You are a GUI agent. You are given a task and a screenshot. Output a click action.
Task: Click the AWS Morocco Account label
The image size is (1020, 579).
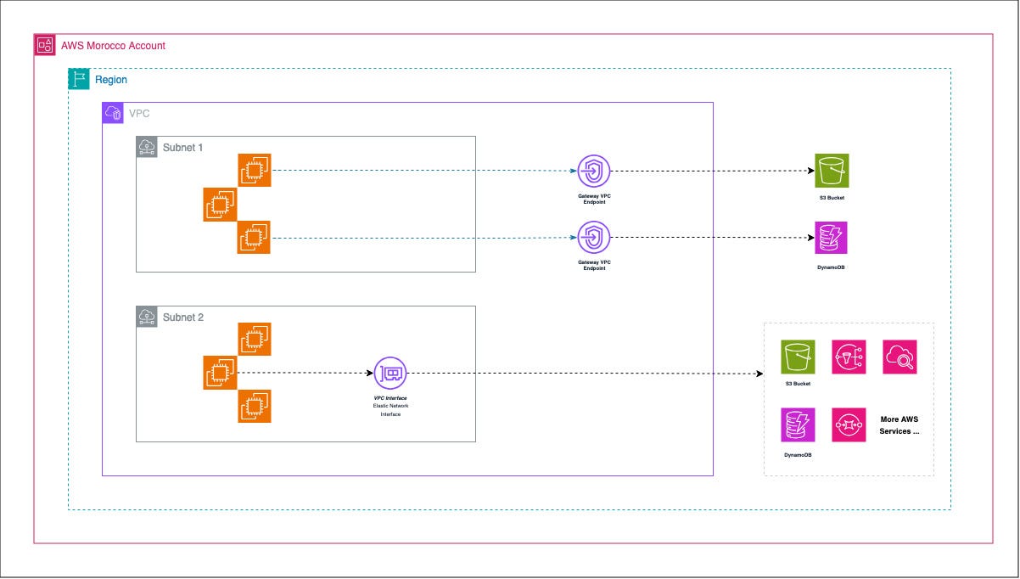click(113, 45)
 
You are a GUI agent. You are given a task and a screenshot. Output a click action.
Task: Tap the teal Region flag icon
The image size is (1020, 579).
click(79, 79)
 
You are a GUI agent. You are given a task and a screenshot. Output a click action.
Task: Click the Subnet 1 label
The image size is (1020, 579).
click(182, 147)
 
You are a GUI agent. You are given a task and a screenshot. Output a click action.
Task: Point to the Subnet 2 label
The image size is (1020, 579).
click(182, 318)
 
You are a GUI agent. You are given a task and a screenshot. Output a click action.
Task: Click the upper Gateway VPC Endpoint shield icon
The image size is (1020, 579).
click(594, 171)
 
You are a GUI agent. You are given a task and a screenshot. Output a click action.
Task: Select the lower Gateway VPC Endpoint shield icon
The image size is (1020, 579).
click(594, 238)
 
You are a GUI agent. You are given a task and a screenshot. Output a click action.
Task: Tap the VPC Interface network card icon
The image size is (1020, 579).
click(390, 373)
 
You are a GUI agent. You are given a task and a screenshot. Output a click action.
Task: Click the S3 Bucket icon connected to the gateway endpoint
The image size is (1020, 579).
click(832, 171)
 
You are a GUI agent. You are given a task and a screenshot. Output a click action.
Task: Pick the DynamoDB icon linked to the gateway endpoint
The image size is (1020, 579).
click(832, 238)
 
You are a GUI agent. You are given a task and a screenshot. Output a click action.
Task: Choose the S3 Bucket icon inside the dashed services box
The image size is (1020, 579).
click(798, 357)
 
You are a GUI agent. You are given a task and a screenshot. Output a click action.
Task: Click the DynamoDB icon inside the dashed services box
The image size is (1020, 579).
click(798, 424)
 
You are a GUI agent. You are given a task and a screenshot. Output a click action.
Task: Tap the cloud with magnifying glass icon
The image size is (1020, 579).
click(900, 357)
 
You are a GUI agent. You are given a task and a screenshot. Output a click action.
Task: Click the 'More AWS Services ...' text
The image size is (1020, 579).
click(900, 424)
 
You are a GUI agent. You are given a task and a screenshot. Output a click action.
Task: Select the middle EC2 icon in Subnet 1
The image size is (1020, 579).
click(220, 205)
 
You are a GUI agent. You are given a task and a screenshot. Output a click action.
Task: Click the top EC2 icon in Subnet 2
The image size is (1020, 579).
click(254, 340)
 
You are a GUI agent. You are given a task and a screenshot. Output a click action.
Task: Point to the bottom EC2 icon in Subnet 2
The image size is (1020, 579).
click(254, 406)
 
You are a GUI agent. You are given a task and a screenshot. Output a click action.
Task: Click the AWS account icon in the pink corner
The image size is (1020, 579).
click(45, 45)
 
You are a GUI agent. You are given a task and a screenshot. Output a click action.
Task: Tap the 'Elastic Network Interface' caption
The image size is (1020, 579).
click(390, 410)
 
